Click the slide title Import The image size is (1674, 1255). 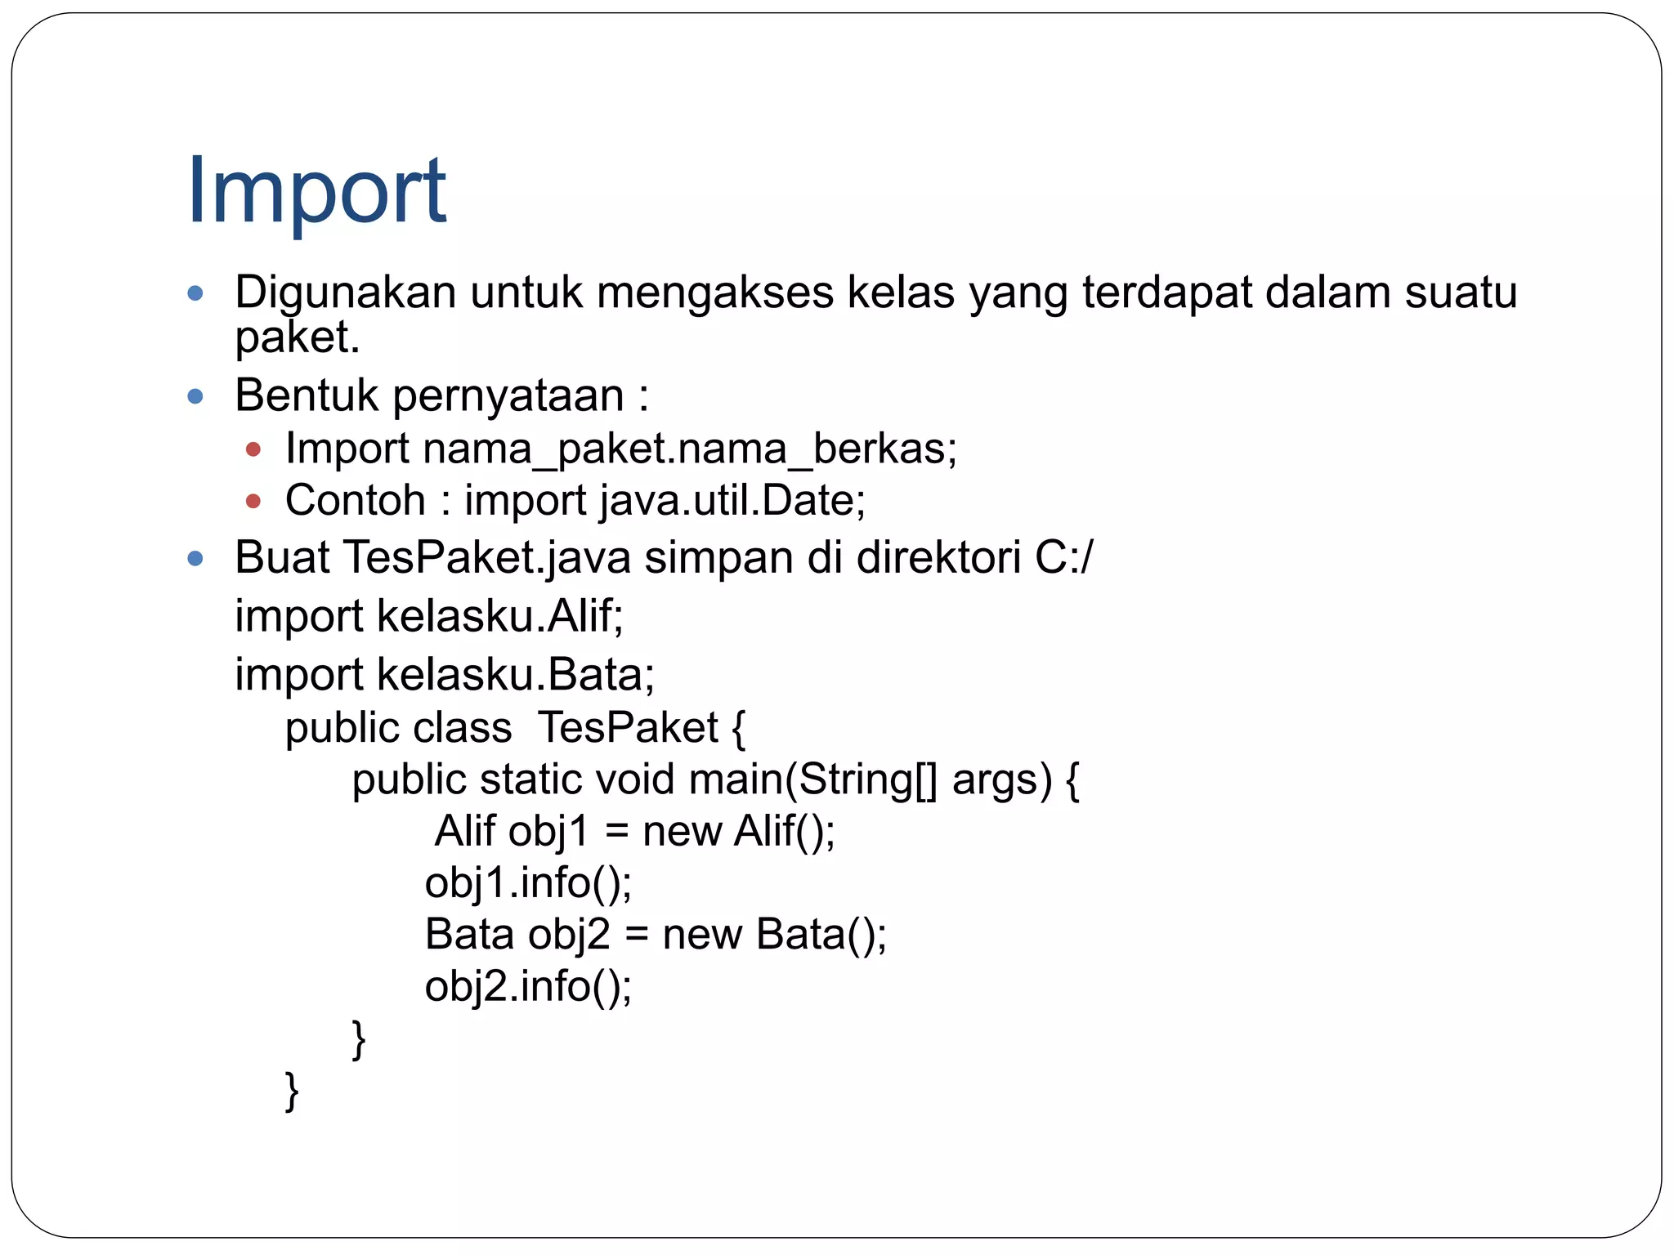click(x=316, y=191)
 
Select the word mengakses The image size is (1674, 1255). click(x=715, y=293)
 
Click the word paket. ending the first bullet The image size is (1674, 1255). click(x=298, y=337)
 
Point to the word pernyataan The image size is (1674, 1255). click(x=508, y=396)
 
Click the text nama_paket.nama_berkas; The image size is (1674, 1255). click(x=689, y=449)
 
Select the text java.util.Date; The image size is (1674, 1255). click(x=732, y=500)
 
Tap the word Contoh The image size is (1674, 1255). click(x=356, y=500)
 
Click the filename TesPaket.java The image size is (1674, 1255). click(x=487, y=558)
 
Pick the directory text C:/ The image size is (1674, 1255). click(x=1063, y=558)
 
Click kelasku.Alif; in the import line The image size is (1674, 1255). click(x=500, y=616)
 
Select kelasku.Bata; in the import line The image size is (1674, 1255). click(x=516, y=675)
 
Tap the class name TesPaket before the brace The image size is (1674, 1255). click(x=628, y=727)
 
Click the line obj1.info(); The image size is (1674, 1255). click(x=528, y=883)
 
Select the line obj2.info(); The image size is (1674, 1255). click(x=528, y=986)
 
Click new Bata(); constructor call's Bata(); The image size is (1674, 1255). click(x=821, y=935)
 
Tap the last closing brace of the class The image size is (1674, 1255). click(x=292, y=1091)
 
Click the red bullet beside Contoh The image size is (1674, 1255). click(x=253, y=501)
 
